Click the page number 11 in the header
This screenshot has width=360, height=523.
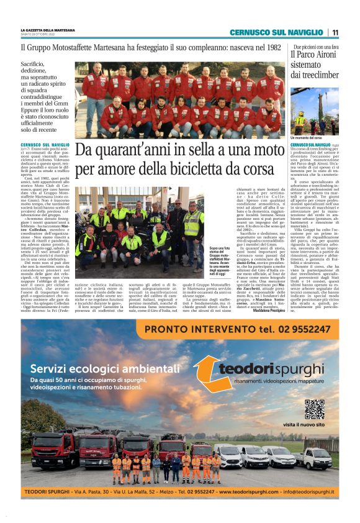(335, 33)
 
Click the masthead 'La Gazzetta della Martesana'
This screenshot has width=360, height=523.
(47, 30)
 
